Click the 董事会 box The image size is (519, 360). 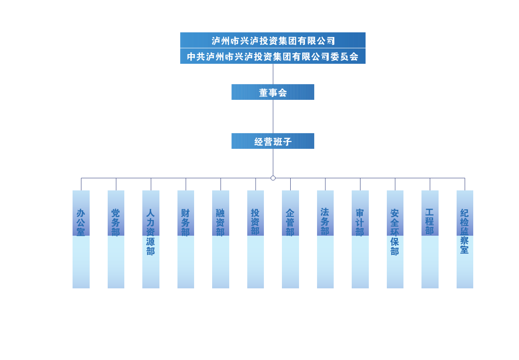click(x=273, y=92)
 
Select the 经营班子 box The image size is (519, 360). click(x=273, y=141)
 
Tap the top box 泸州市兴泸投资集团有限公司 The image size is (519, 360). click(x=273, y=40)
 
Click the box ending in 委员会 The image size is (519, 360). click(x=273, y=56)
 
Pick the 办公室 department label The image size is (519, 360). click(x=81, y=222)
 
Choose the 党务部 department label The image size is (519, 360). click(x=116, y=222)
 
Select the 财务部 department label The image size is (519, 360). click(x=186, y=222)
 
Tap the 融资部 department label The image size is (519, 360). click(x=220, y=222)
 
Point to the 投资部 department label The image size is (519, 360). click(x=256, y=222)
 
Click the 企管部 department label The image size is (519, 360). click(x=290, y=222)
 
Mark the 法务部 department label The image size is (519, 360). click(x=325, y=221)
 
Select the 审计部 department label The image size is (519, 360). click(x=360, y=222)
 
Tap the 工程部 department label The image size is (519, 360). click(x=430, y=221)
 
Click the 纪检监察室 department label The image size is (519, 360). click(x=465, y=231)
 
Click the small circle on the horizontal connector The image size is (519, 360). click(x=273, y=178)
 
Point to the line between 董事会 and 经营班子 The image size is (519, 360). click(x=273, y=116)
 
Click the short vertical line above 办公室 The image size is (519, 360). click(x=81, y=184)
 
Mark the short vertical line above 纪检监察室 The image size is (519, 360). click(x=465, y=184)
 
